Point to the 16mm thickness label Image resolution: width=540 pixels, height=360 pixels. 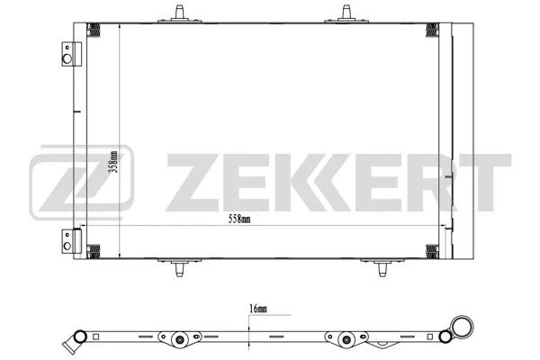(257, 309)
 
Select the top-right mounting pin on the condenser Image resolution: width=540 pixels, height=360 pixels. (346, 13)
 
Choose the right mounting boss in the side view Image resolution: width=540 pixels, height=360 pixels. (346, 340)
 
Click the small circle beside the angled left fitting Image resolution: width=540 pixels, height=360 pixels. (79, 338)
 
